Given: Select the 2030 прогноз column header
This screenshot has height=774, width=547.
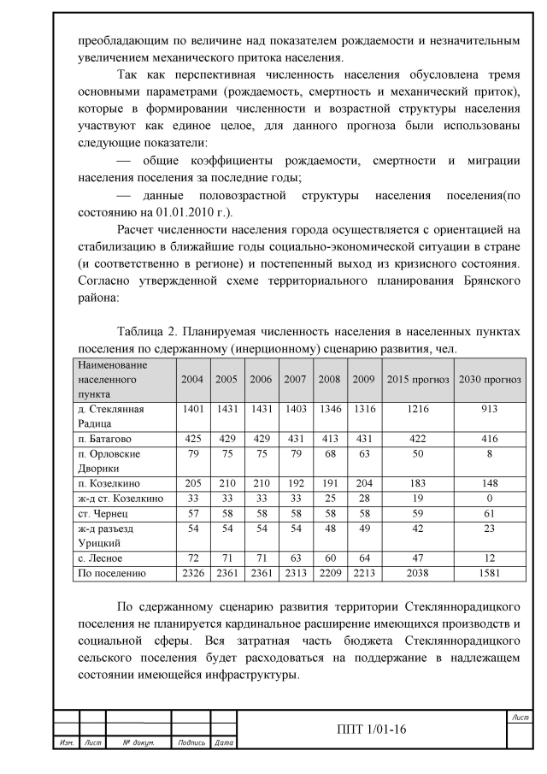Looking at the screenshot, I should [490, 378].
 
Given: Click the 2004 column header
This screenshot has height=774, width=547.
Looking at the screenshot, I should [192, 378].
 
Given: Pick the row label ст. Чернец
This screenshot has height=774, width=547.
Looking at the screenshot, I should [96, 514].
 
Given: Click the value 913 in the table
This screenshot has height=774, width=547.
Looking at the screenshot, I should [490, 409].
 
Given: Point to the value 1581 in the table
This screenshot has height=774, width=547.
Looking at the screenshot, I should [490, 573].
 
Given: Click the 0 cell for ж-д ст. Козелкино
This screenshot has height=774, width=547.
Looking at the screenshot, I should [490, 499].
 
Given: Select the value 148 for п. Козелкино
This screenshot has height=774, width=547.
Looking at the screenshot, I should [490, 483].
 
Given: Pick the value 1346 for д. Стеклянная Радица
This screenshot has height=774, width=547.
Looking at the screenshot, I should [330, 409].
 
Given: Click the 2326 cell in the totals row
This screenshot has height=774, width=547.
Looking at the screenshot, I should [192, 573].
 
